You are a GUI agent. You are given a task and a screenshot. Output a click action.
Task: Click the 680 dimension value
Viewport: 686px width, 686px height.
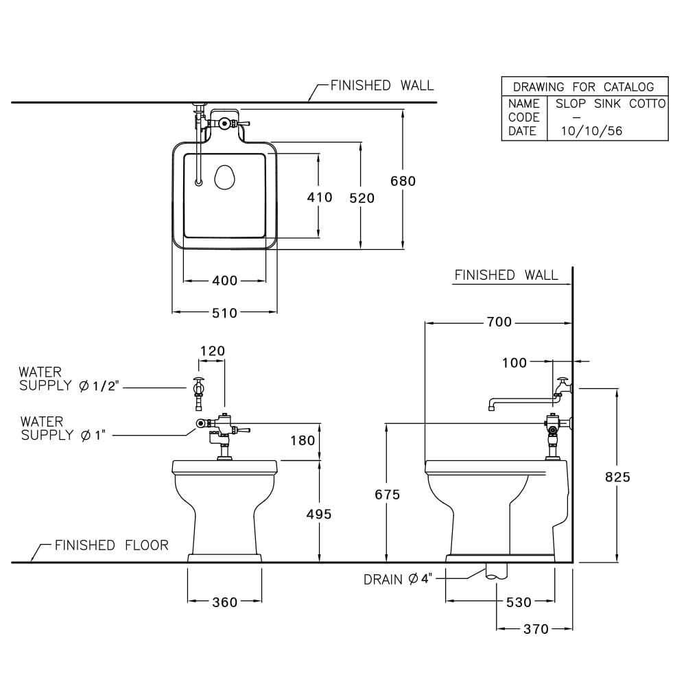tap(403, 180)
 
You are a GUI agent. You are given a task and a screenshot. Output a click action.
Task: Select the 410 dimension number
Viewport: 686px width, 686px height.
tap(320, 198)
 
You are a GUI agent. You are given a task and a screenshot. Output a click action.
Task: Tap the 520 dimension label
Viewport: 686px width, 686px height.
tap(362, 198)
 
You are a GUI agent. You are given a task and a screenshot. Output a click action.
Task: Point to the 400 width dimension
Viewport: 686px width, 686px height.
tap(224, 281)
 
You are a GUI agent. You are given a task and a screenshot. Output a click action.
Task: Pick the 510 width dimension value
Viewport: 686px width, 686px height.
tap(224, 313)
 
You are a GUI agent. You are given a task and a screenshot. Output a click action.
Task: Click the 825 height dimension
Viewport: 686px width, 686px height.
tap(617, 477)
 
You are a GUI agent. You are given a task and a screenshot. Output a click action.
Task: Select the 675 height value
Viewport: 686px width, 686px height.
tap(387, 495)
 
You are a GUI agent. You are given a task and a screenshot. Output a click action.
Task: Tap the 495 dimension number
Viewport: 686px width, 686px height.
tap(319, 514)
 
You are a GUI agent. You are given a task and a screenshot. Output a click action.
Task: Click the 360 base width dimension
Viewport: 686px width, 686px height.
tap(225, 602)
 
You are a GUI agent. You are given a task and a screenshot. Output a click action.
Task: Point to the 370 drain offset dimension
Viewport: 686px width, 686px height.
tap(536, 629)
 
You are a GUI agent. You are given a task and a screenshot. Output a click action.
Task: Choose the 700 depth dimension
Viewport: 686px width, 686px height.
tap(499, 322)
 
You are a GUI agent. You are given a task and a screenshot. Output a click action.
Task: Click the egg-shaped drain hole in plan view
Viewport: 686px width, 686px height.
tap(225, 177)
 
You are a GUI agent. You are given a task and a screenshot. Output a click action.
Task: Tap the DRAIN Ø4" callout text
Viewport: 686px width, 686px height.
tap(398, 579)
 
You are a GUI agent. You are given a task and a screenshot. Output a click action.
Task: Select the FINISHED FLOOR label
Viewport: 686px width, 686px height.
tap(112, 545)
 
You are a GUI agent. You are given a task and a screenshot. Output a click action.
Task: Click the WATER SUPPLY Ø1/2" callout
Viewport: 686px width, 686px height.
tap(69, 379)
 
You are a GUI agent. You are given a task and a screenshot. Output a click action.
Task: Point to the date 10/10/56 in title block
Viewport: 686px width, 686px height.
tap(591, 131)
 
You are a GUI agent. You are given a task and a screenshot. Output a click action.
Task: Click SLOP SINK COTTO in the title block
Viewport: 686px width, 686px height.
tap(611, 104)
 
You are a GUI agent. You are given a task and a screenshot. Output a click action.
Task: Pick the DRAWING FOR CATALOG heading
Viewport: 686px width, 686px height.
tap(584, 87)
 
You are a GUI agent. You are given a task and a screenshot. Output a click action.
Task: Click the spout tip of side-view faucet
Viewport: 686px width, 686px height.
tap(491, 407)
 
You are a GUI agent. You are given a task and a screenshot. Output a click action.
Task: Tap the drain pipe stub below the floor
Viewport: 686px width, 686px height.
tap(496, 571)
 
